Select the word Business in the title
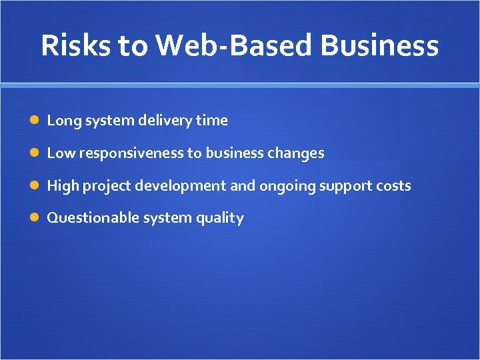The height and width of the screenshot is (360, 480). point(379,45)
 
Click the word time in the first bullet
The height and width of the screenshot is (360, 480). point(212,121)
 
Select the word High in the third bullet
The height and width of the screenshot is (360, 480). point(63,186)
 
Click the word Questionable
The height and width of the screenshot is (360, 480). point(85,218)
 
